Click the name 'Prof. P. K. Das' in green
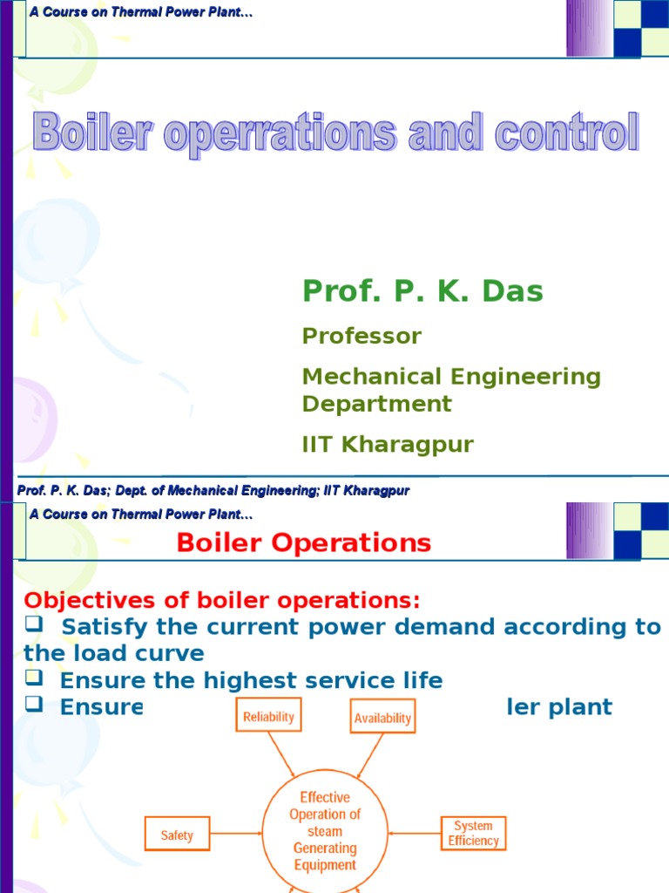[x=422, y=291]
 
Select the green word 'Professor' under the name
[x=362, y=336]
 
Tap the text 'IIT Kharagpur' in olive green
[x=388, y=445]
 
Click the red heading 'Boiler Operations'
[x=303, y=543]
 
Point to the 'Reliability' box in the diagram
[x=268, y=717]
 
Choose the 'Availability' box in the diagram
[x=382, y=718]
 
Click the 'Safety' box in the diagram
[x=177, y=835]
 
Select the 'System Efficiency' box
[x=473, y=834]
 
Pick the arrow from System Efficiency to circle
[x=415, y=833]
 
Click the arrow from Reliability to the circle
[x=283, y=757]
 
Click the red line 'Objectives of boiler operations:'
[x=221, y=601]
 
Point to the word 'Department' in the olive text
[x=376, y=404]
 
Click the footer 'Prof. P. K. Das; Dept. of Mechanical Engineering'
[x=213, y=491]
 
